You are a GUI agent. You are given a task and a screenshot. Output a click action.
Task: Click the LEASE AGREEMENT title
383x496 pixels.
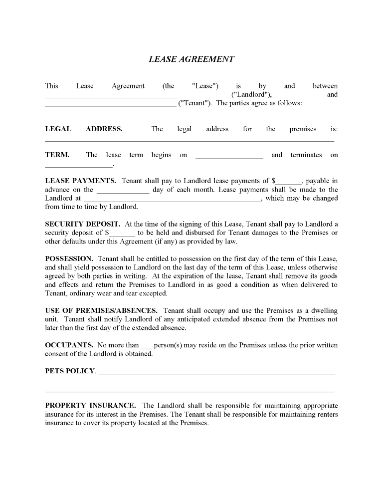(x=191, y=59)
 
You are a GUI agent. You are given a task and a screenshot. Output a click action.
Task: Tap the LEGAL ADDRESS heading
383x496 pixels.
(x=83, y=129)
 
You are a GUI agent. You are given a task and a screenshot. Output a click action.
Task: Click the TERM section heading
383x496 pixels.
(x=57, y=155)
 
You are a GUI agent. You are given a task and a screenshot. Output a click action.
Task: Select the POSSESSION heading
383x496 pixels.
(x=69, y=258)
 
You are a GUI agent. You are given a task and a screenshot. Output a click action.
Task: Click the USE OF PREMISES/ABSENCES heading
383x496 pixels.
(x=101, y=310)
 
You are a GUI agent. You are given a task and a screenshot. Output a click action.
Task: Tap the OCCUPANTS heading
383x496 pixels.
(x=69, y=345)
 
